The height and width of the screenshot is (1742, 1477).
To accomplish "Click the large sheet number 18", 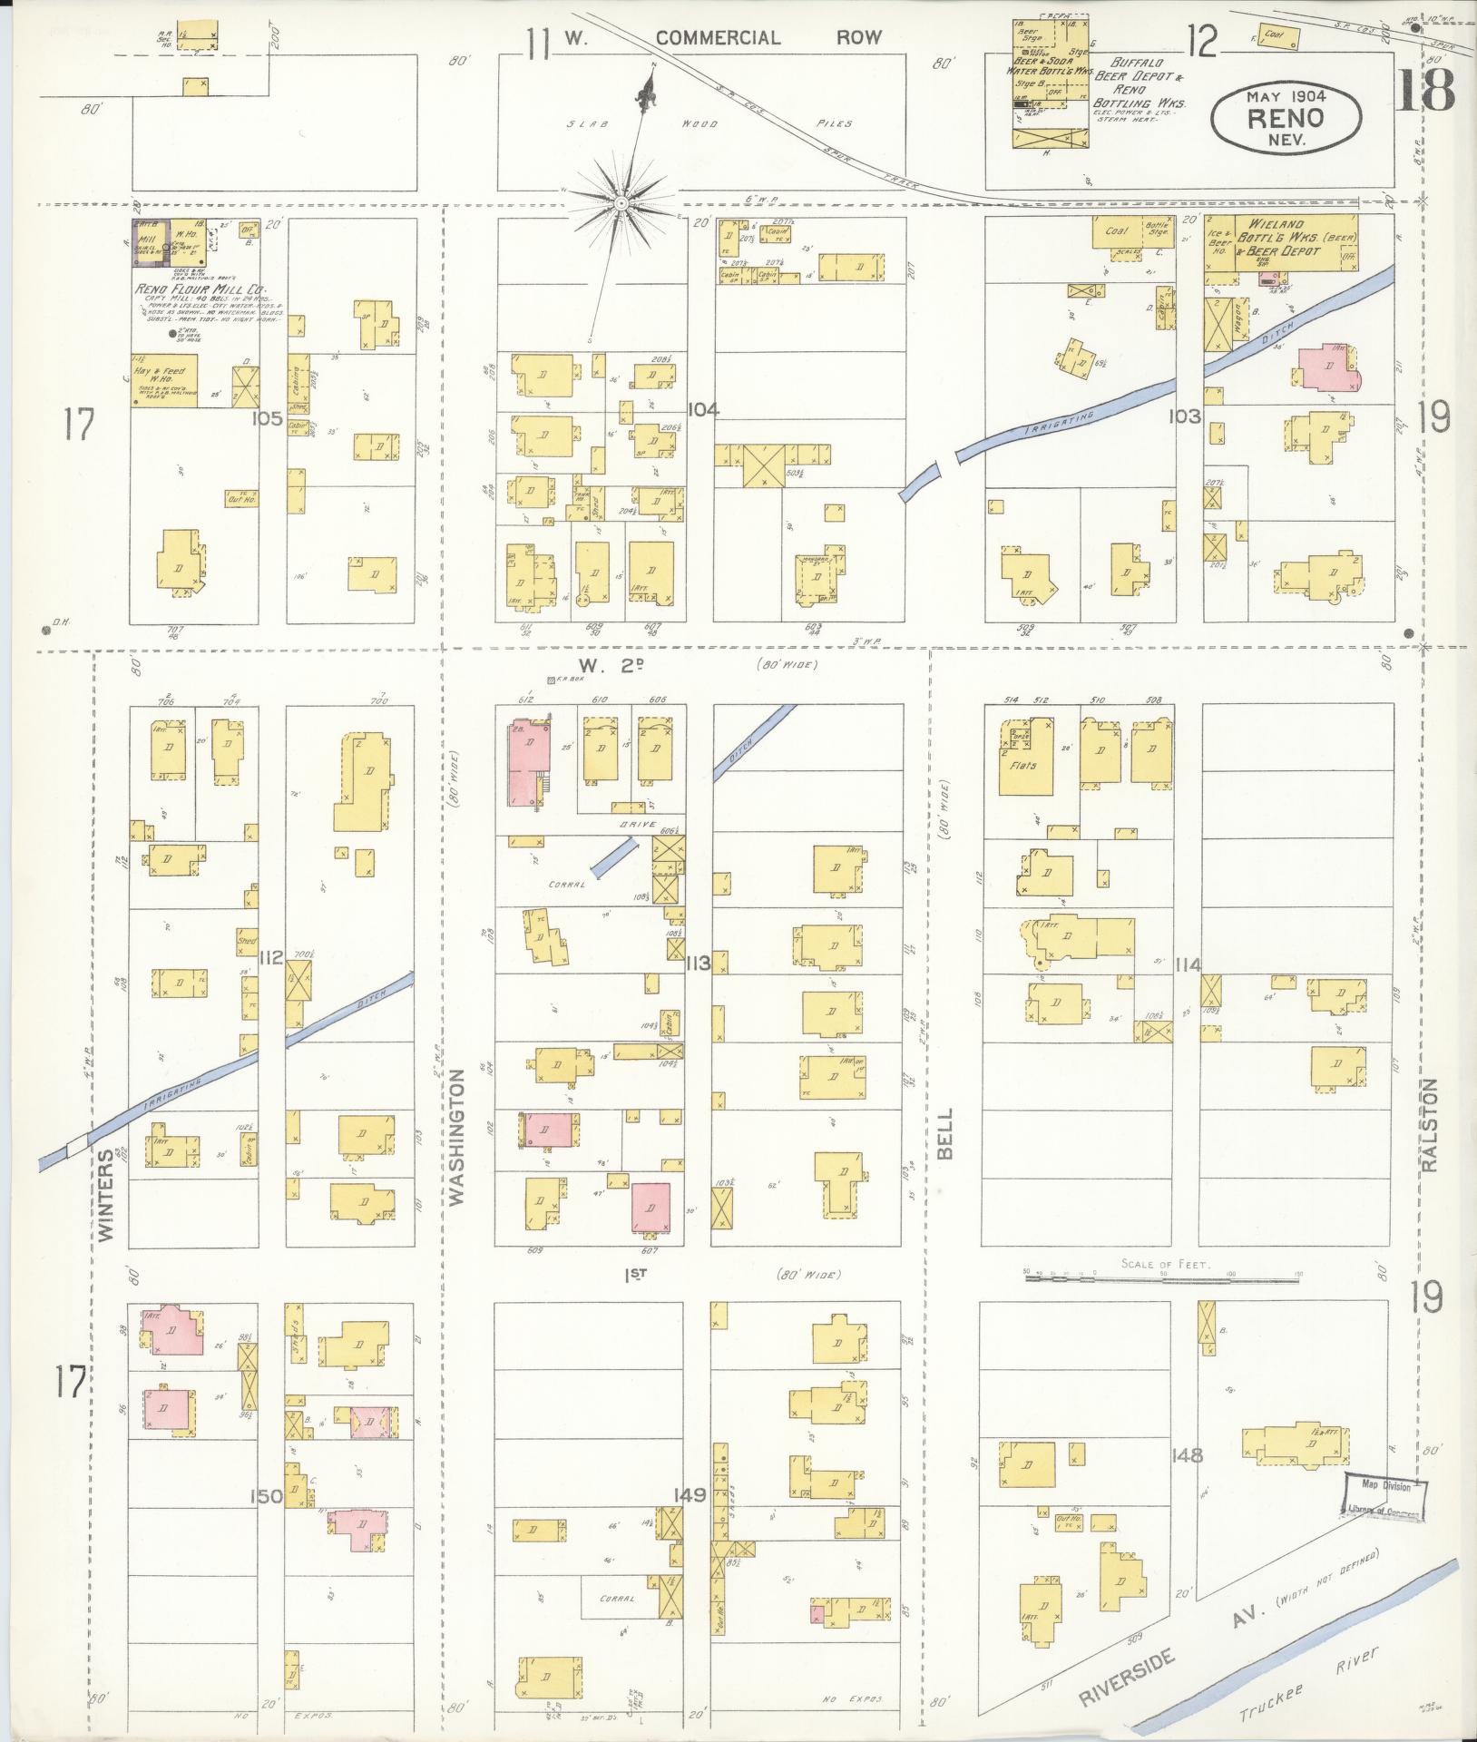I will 1426,89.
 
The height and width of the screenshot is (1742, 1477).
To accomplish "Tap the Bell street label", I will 945,1133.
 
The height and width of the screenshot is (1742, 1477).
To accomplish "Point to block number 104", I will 703,410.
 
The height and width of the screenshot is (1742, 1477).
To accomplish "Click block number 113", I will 698,962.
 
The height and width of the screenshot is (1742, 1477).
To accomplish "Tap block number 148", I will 1187,1456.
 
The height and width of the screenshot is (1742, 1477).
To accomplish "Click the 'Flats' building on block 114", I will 1025,764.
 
